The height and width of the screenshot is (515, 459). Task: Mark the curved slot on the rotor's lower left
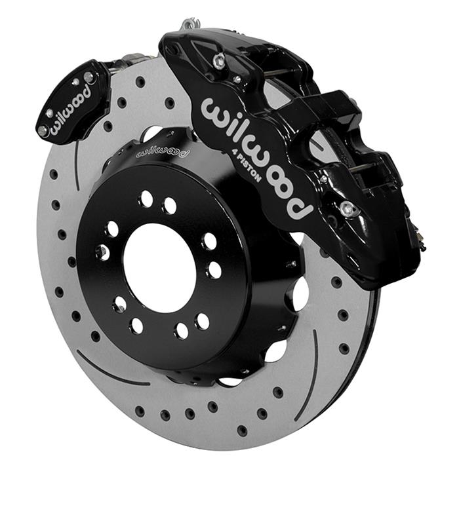111,371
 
